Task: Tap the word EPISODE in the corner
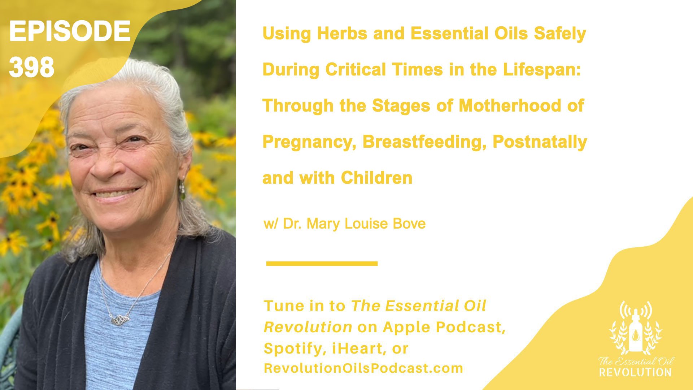70,31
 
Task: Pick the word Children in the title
376,178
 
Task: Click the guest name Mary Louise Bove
366,224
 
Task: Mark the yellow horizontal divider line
322,264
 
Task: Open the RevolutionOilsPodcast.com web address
363,368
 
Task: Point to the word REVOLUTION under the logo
635,372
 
